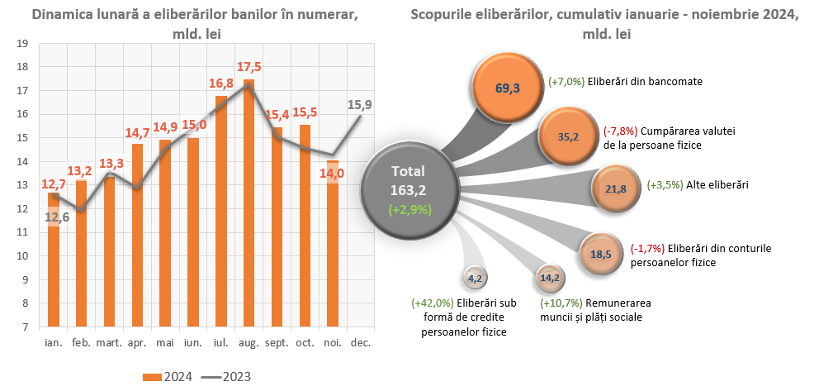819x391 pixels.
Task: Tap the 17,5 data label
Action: pos(249,67)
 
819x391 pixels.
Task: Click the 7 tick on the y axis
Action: pos(26,327)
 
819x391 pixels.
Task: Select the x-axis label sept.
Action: pos(277,342)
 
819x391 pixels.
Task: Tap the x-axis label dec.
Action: pos(360,342)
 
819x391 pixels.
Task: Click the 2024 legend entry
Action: pos(169,377)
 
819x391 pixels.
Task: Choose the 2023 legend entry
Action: pos(226,377)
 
